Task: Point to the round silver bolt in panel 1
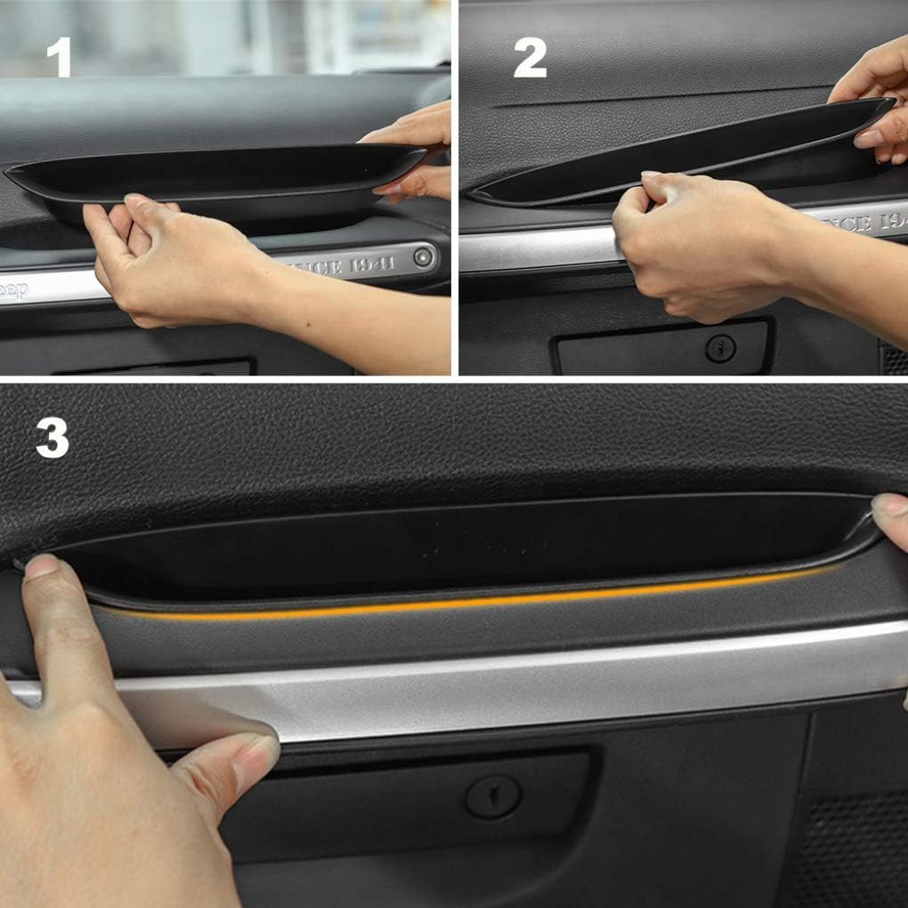pos(424,257)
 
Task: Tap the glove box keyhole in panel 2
pos(720,348)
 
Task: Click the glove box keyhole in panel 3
pos(492,795)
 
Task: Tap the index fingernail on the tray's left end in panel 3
pos(41,567)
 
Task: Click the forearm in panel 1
pos(356,329)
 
